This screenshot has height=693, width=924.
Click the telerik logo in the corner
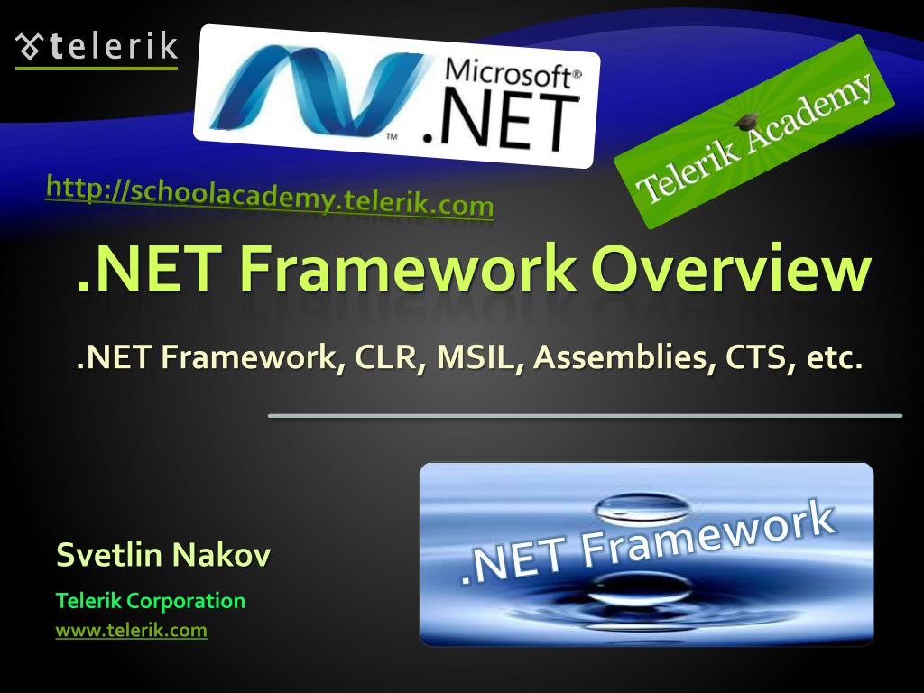click(97, 46)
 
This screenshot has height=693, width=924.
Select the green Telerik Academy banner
click(754, 131)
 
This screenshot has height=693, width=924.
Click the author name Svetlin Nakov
click(162, 554)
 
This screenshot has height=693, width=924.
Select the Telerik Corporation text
click(150, 600)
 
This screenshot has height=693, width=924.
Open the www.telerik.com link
click(131, 630)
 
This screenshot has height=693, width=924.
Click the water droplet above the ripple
click(632, 507)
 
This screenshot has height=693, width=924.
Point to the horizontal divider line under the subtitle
click(585, 415)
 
